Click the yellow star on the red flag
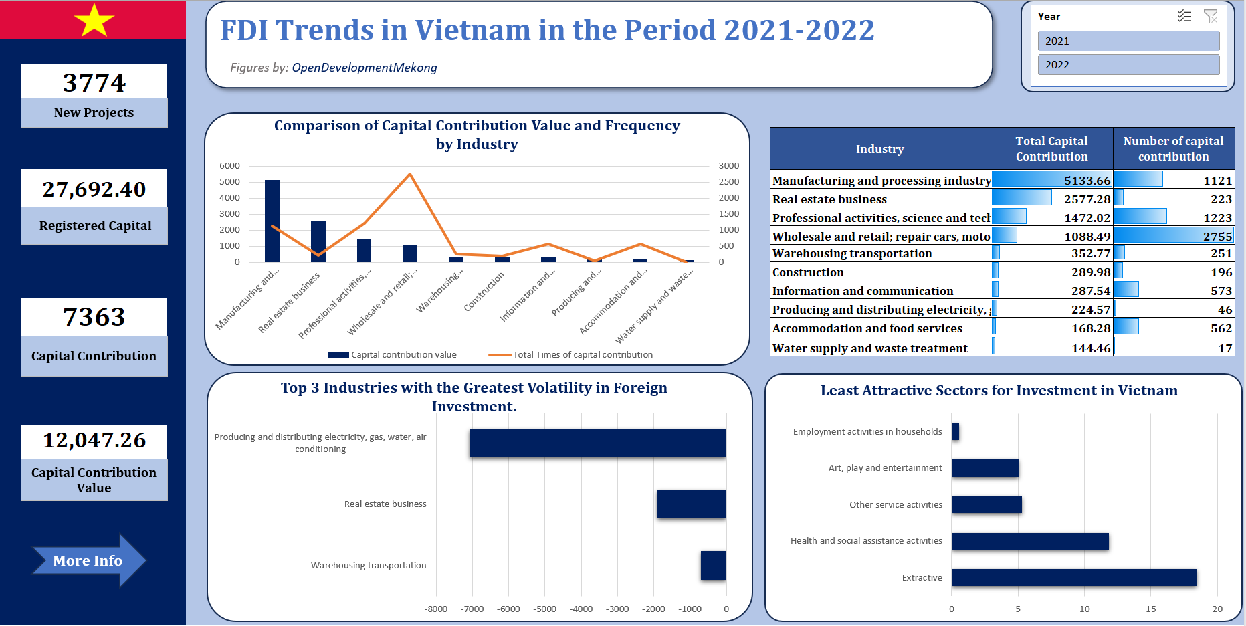(94, 20)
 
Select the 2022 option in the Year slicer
(1128, 65)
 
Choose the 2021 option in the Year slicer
(1128, 41)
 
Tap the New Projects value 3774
(94, 83)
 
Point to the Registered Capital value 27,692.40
(94, 189)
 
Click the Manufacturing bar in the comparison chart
(272, 221)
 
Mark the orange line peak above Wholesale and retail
(410, 175)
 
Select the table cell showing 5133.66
(1051, 181)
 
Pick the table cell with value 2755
(1174, 237)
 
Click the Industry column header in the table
(879, 149)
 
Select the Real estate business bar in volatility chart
(691, 504)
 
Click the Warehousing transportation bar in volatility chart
(713, 565)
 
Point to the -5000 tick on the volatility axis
(544, 609)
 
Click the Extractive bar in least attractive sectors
(1073, 578)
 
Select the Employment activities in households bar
(956, 432)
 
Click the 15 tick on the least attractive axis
(1150, 609)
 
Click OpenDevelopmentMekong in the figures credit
(365, 68)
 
